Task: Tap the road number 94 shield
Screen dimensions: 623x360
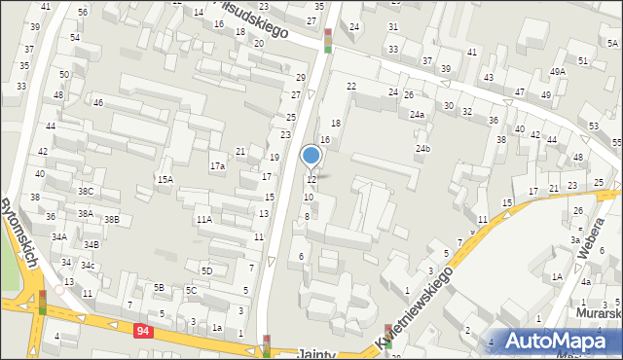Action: (x=144, y=331)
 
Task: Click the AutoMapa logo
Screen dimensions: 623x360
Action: (x=560, y=341)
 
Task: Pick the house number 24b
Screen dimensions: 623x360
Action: (x=422, y=149)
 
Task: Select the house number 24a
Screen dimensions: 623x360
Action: (x=417, y=115)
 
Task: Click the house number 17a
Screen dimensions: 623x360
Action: (x=217, y=166)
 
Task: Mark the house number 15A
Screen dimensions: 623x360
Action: (x=165, y=179)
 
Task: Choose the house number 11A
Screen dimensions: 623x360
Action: (x=203, y=220)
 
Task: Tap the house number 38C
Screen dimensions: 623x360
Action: (x=86, y=192)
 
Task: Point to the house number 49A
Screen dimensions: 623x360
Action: (x=557, y=72)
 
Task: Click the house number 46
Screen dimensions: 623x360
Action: (x=97, y=102)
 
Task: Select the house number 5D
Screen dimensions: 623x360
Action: (x=206, y=270)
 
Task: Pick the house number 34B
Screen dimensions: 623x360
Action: (x=91, y=245)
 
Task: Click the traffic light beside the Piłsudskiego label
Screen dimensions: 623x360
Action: (x=328, y=40)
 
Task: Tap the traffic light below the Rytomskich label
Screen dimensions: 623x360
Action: (x=42, y=303)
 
